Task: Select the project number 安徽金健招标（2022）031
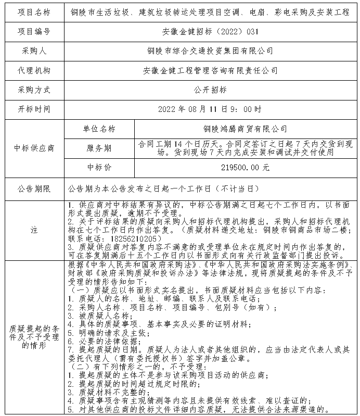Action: (210, 31)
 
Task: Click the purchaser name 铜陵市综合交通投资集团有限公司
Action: (210, 51)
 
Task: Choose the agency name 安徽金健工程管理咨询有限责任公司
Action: (210, 70)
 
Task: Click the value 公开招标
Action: (210, 90)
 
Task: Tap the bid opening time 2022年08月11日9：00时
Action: (210, 109)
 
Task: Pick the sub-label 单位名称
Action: (99, 129)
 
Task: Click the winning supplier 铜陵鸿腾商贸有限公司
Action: (245, 129)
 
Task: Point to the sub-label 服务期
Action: (99, 148)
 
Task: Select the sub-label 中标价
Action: (99, 168)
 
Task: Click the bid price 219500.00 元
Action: (245, 168)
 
